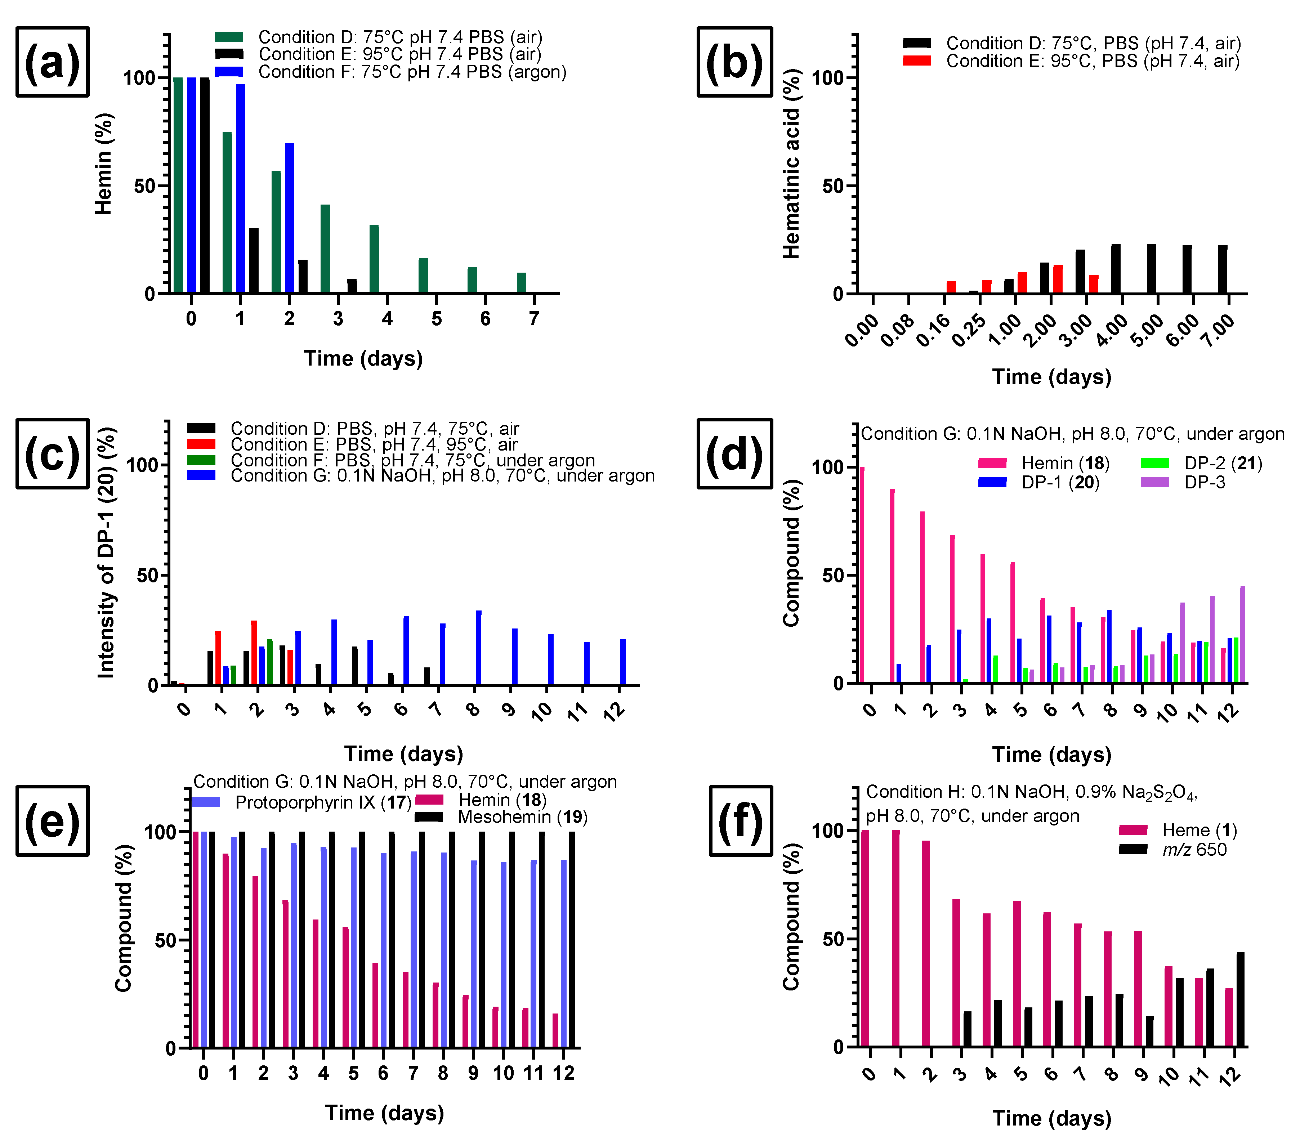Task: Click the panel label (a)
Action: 52,62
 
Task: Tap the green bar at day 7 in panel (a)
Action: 522,283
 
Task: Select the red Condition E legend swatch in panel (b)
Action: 916,61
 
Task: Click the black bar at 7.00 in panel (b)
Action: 1223,269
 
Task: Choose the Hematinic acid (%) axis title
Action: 791,164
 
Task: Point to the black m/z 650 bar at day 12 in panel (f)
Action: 1240,998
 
